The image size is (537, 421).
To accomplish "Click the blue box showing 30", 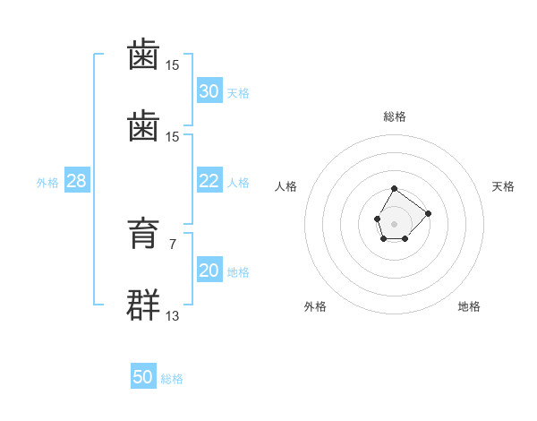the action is pos(209,90).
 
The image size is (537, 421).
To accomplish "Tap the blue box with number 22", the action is pos(209,180).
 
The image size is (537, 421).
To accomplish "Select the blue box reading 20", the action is pos(209,269).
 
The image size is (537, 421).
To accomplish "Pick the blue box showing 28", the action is pos(77,180).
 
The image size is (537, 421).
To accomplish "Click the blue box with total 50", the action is pos(143,375).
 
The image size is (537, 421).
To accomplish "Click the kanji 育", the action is pos(143,233).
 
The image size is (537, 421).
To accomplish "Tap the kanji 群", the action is pos(143,305).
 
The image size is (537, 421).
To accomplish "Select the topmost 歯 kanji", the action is pos(143,54).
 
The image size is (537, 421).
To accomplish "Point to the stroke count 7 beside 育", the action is pos(173,245).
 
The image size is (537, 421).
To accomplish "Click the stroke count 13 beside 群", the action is pos(172,315).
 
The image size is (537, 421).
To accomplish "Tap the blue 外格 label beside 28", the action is pos(47,183).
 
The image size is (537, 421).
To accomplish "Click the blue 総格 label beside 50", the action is pos(172,379).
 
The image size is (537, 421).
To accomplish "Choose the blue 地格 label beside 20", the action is pos(238,272).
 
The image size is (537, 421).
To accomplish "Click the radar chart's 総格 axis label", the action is pos(395,116).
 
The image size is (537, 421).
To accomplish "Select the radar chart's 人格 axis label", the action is pos(286,186).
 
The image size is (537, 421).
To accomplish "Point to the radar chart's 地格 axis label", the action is pos(469,306).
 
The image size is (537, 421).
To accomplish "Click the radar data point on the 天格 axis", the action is pos(428,213).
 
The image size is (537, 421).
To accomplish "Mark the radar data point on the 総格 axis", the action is pos(394,189).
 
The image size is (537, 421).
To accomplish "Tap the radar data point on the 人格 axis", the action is pos(378,219).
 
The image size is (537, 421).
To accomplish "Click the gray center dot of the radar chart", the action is pos(394,224).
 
